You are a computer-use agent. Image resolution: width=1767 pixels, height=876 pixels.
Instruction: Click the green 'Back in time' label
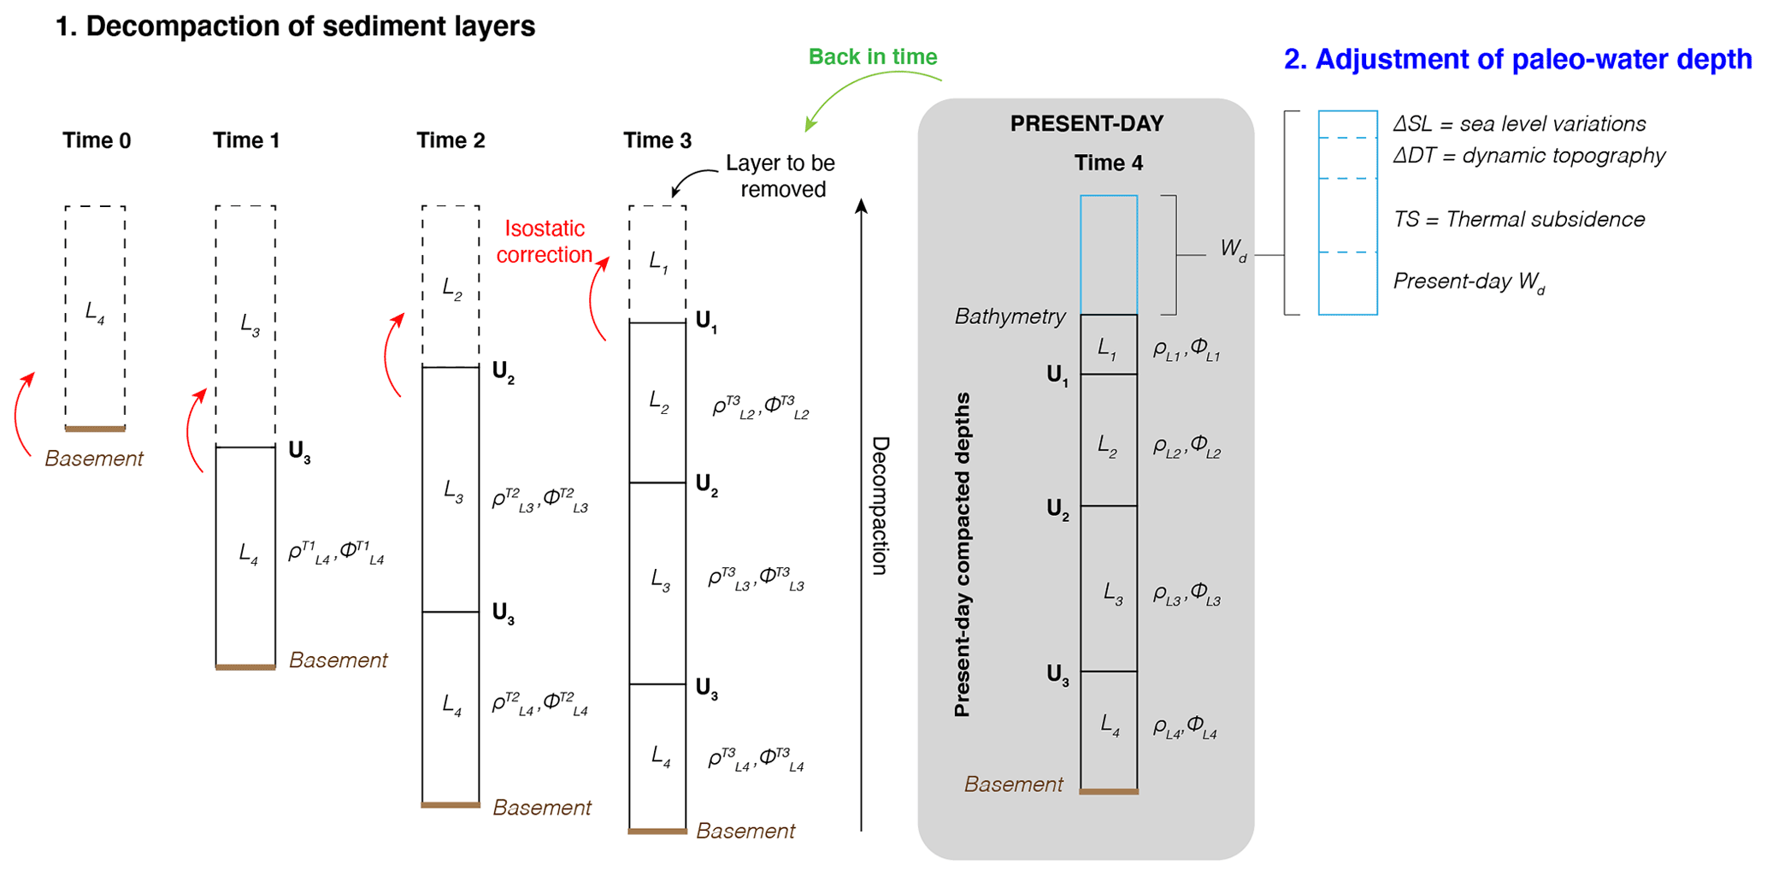[872, 57]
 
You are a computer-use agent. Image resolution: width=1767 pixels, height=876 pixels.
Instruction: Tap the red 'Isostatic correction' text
[545, 242]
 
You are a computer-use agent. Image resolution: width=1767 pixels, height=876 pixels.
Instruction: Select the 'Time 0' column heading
[97, 141]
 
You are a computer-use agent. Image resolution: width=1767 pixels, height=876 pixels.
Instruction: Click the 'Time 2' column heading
[451, 141]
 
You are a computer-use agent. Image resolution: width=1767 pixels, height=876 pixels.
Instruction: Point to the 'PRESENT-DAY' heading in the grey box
[1087, 124]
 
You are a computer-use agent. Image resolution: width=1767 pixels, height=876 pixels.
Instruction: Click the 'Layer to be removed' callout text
[780, 176]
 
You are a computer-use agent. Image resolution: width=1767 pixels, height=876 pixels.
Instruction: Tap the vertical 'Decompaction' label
[881, 506]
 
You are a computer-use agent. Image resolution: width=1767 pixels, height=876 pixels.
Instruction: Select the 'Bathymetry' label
[1010, 317]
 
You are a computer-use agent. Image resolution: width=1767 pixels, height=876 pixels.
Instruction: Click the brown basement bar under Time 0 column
[95, 429]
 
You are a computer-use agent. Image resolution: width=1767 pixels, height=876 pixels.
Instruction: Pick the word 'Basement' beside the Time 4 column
[1013, 784]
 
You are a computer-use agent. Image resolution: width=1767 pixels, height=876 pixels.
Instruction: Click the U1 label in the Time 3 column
[706, 323]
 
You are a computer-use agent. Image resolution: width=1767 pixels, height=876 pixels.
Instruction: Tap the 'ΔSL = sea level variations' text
[1519, 124]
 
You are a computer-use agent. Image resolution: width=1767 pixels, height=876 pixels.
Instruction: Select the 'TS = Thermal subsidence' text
[1519, 220]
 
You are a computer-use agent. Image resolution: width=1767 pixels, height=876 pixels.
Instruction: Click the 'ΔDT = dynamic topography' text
[1529, 156]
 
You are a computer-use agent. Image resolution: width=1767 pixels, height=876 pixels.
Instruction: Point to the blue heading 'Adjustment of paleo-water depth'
[1517, 60]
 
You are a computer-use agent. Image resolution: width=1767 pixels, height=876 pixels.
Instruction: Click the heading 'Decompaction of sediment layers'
[295, 27]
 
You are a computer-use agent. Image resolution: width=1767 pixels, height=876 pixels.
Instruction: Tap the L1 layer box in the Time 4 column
[1108, 345]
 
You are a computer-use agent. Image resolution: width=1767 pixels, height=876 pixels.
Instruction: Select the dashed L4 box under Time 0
[95, 317]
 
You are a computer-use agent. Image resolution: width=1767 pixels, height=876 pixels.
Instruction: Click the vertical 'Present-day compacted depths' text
[963, 554]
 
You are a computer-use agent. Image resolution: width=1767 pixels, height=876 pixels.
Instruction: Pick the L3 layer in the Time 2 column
[451, 490]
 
